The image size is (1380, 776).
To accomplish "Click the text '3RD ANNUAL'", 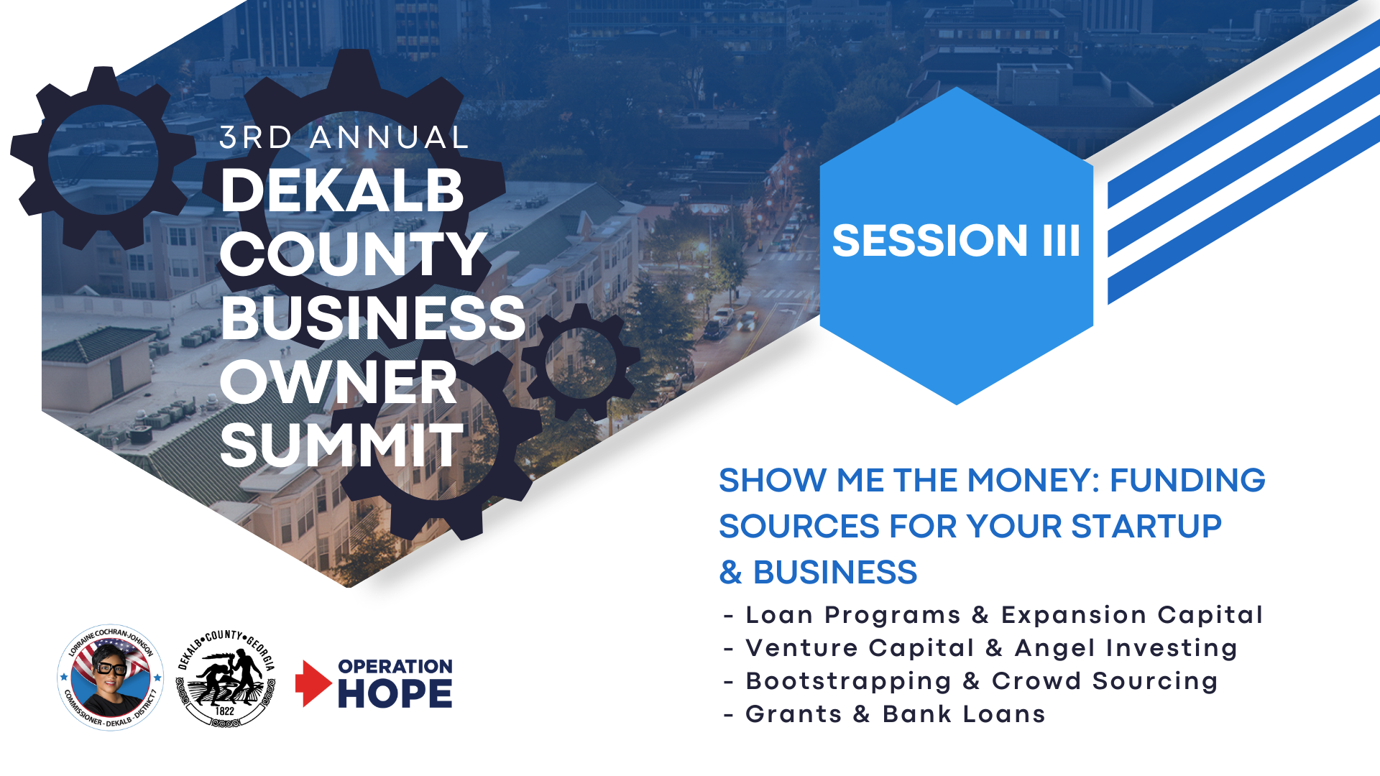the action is click(344, 138).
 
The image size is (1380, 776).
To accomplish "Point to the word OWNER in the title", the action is click(339, 382).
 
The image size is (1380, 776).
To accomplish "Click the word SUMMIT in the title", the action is click(342, 445).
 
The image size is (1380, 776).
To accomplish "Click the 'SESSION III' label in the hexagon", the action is click(956, 240).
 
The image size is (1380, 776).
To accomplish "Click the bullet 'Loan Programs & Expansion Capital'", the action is click(993, 615).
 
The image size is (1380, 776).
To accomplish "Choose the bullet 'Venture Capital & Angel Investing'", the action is click(980, 648).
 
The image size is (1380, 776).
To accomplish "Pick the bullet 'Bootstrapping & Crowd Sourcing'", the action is click(970, 681).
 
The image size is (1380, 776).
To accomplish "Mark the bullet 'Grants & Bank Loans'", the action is click(884, 714).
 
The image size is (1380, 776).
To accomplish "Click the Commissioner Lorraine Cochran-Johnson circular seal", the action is click(110, 678).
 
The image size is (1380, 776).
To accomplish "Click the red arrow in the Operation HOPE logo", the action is click(313, 683).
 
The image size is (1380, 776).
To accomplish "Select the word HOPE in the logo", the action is click(395, 693).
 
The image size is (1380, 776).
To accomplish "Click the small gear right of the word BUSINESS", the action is click(581, 362).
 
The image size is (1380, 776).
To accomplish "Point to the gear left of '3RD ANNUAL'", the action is click(103, 158).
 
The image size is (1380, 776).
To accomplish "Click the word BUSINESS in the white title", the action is click(373, 318).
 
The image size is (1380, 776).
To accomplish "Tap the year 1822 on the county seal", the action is click(225, 711).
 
